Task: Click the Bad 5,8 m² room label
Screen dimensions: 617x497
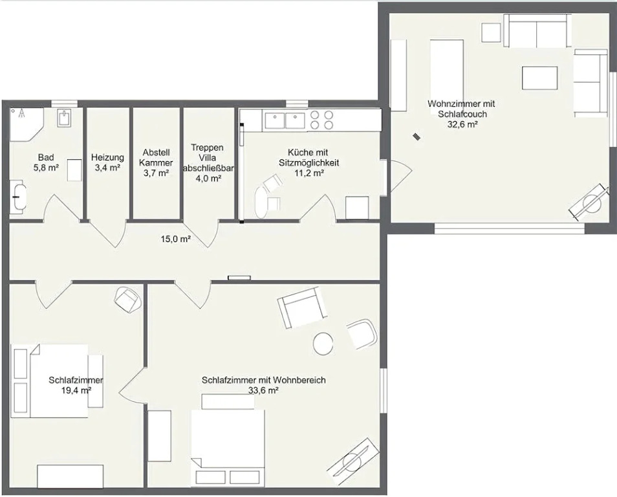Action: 46,162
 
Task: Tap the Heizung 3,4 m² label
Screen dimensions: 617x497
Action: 107,162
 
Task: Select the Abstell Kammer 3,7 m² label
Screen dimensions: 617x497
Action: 157,162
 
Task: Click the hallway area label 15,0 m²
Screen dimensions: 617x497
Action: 176,239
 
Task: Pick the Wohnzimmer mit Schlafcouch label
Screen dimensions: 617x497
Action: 461,109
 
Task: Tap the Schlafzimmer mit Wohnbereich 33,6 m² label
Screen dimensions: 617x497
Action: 264,385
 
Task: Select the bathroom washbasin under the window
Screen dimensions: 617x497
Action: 65,117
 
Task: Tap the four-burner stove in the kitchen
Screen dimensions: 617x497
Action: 322,120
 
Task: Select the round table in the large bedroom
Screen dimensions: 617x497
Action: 323,344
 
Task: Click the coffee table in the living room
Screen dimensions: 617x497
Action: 540,78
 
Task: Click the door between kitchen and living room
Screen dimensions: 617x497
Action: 398,177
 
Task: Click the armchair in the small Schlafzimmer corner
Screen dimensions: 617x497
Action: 128,300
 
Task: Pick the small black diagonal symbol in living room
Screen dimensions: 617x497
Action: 416,137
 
